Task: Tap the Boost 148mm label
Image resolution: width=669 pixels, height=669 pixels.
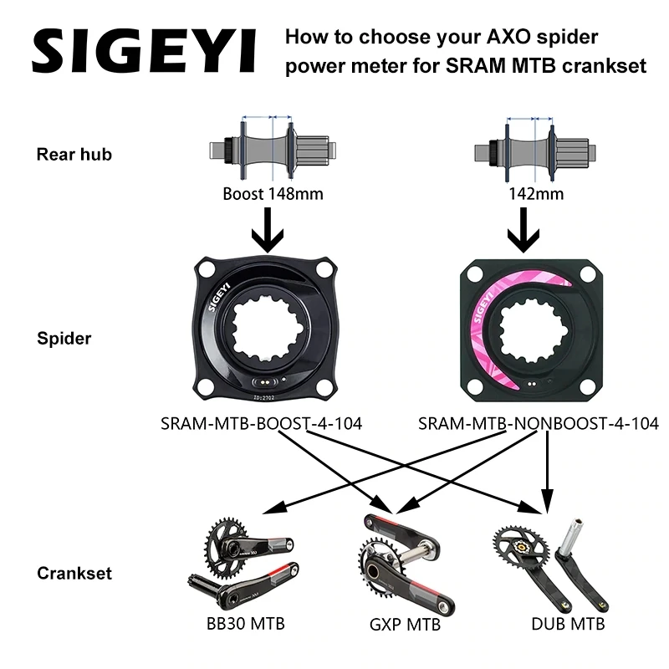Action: (x=273, y=193)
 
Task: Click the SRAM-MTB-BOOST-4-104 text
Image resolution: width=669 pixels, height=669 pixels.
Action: (x=261, y=424)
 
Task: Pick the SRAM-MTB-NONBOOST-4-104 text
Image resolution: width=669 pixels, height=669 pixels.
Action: (x=538, y=424)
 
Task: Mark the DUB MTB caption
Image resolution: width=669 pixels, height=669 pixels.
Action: (x=568, y=623)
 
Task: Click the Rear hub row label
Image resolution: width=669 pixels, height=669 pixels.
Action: (x=74, y=154)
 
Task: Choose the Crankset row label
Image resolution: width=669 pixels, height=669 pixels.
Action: (x=74, y=574)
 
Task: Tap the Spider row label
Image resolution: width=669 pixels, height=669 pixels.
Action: (x=64, y=340)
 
